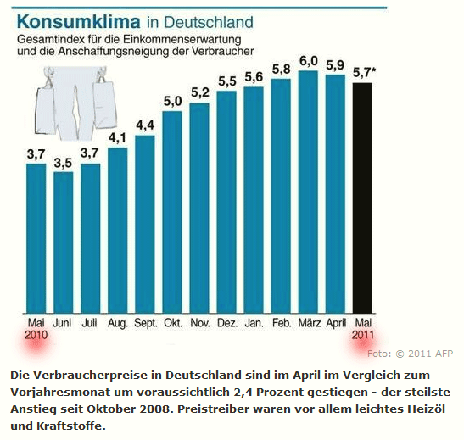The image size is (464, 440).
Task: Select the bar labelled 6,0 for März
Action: coord(308,191)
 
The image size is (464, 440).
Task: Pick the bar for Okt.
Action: coord(171,211)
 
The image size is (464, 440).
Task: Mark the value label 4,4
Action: coord(144,125)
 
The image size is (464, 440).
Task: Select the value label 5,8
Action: coord(282,68)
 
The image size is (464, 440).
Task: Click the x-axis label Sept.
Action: coord(144,323)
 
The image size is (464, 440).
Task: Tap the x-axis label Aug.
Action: coord(117,323)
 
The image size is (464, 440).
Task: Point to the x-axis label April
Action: coord(336,323)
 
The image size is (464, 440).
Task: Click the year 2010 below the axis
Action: coord(36,336)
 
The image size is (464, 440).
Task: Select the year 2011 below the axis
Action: coord(363,336)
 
